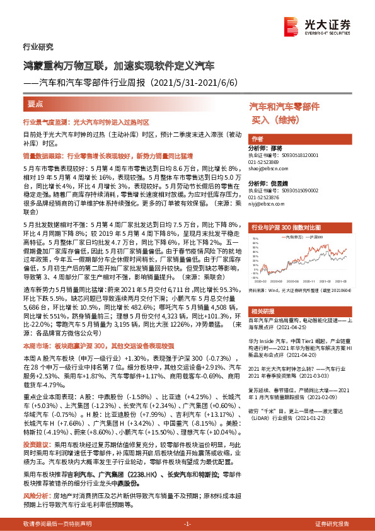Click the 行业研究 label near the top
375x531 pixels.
[x=38, y=47]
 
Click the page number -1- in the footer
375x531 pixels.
[x=187, y=524]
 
